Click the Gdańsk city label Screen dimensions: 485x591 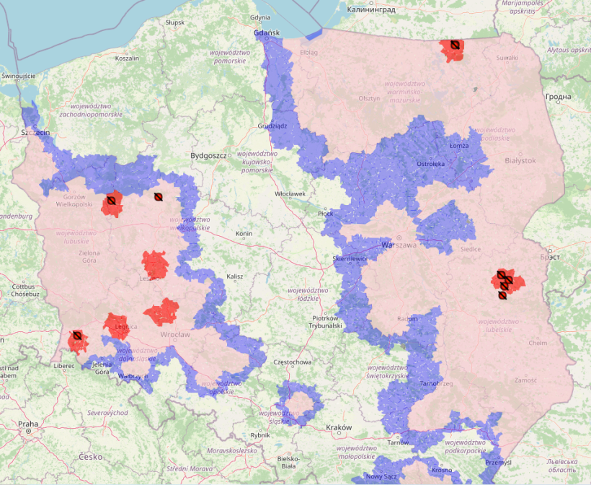(266, 33)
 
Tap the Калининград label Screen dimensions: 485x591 (370, 9)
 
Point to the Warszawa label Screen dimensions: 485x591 (399, 245)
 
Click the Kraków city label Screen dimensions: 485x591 (338, 427)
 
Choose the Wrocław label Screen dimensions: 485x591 (174, 334)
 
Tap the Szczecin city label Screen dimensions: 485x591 (35, 133)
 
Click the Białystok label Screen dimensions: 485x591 (520, 161)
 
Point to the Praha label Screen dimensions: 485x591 (29, 424)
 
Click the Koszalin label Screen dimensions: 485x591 (127, 58)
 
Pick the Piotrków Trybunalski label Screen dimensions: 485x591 (326, 322)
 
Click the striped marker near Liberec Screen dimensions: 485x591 (76, 336)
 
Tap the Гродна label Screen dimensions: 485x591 (558, 97)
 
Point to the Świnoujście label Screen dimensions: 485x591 (19, 76)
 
